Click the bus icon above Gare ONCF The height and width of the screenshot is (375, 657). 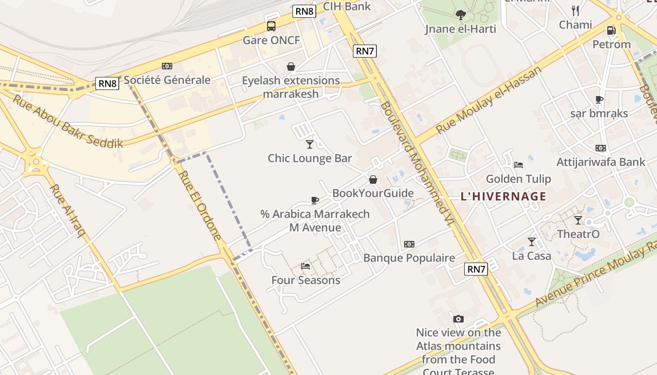pos(271,26)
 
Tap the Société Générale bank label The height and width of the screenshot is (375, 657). pos(167,80)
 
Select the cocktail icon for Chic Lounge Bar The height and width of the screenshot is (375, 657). pos(309,144)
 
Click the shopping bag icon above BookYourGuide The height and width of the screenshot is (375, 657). pos(373,180)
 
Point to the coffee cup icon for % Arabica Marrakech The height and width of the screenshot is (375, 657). pos(315,201)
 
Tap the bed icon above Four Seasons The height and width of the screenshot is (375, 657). pos(306,266)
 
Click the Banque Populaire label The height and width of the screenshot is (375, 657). pos(409,258)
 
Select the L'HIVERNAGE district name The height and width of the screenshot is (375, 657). pos(504,196)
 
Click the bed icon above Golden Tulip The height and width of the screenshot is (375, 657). pos(519,165)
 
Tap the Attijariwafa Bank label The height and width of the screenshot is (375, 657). pos(601,162)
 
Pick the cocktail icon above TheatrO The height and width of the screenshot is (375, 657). pos(578,220)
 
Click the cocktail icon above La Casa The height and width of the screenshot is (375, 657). pos(531,242)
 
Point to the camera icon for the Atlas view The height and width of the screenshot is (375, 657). pos(458,319)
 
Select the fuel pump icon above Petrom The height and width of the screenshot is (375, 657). pos(611,30)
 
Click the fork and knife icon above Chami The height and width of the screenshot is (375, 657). pos(575,11)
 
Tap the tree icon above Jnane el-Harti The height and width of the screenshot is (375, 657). pos(460,15)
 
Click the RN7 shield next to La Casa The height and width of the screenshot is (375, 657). pos(476,269)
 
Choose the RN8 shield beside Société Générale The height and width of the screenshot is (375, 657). pos(107,83)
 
